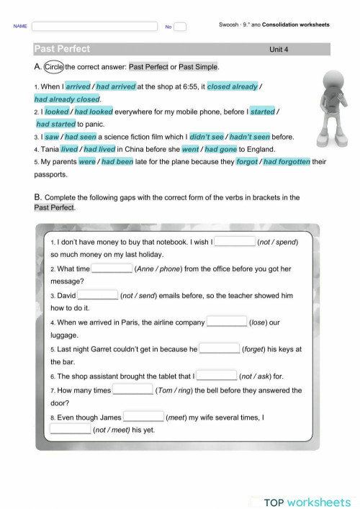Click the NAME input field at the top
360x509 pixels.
point(94,26)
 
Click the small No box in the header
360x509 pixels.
point(180,27)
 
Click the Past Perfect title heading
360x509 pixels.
point(62,49)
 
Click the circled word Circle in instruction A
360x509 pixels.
point(54,67)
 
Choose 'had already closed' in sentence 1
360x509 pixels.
point(67,99)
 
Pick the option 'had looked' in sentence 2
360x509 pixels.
point(94,112)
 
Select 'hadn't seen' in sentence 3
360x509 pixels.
point(251,136)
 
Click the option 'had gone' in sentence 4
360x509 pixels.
point(220,149)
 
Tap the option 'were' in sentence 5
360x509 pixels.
point(87,162)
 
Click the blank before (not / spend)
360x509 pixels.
point(235,242)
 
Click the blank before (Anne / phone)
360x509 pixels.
point(112,269)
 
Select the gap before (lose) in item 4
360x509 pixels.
point(226,323)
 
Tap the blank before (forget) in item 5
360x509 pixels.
point(220,349)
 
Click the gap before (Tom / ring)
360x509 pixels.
point(133,390)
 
